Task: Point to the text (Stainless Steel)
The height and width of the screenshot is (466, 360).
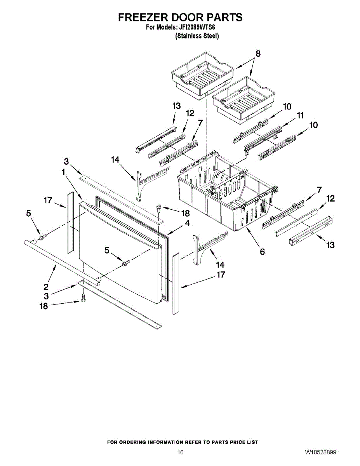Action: pos(197,36)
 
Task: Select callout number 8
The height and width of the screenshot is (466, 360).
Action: pos(258,54)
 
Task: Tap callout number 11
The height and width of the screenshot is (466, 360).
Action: pos(300,115)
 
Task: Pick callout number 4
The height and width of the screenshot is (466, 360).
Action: pos(187,223)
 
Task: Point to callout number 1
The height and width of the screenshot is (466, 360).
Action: pos(63,172)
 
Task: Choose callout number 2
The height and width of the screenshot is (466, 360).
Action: pos(46,287)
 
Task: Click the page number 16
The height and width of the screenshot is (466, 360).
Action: pos(180,452)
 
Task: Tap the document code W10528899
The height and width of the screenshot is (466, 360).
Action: pos(320,452)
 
